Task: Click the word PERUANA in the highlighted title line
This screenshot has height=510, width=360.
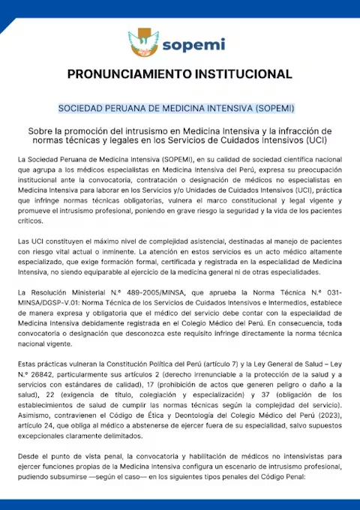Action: coord(139,108)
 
